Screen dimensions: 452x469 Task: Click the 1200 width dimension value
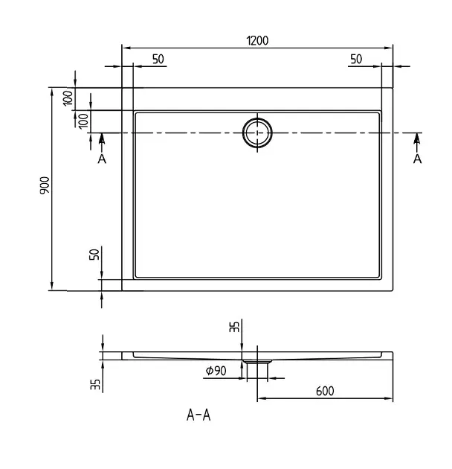(257, 40)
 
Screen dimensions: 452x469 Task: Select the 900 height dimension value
(45, 185)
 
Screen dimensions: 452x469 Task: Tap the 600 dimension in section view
(325, 391)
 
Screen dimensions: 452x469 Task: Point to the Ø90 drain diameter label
(216, 371)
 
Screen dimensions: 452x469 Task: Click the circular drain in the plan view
(257, 133)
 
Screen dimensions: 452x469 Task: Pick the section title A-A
(198, 415)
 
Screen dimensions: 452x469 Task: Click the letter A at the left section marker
(102, 159)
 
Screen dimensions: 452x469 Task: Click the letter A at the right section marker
(417, 159)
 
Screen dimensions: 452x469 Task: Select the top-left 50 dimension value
(158, 59)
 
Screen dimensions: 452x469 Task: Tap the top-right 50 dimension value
(356, 59)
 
